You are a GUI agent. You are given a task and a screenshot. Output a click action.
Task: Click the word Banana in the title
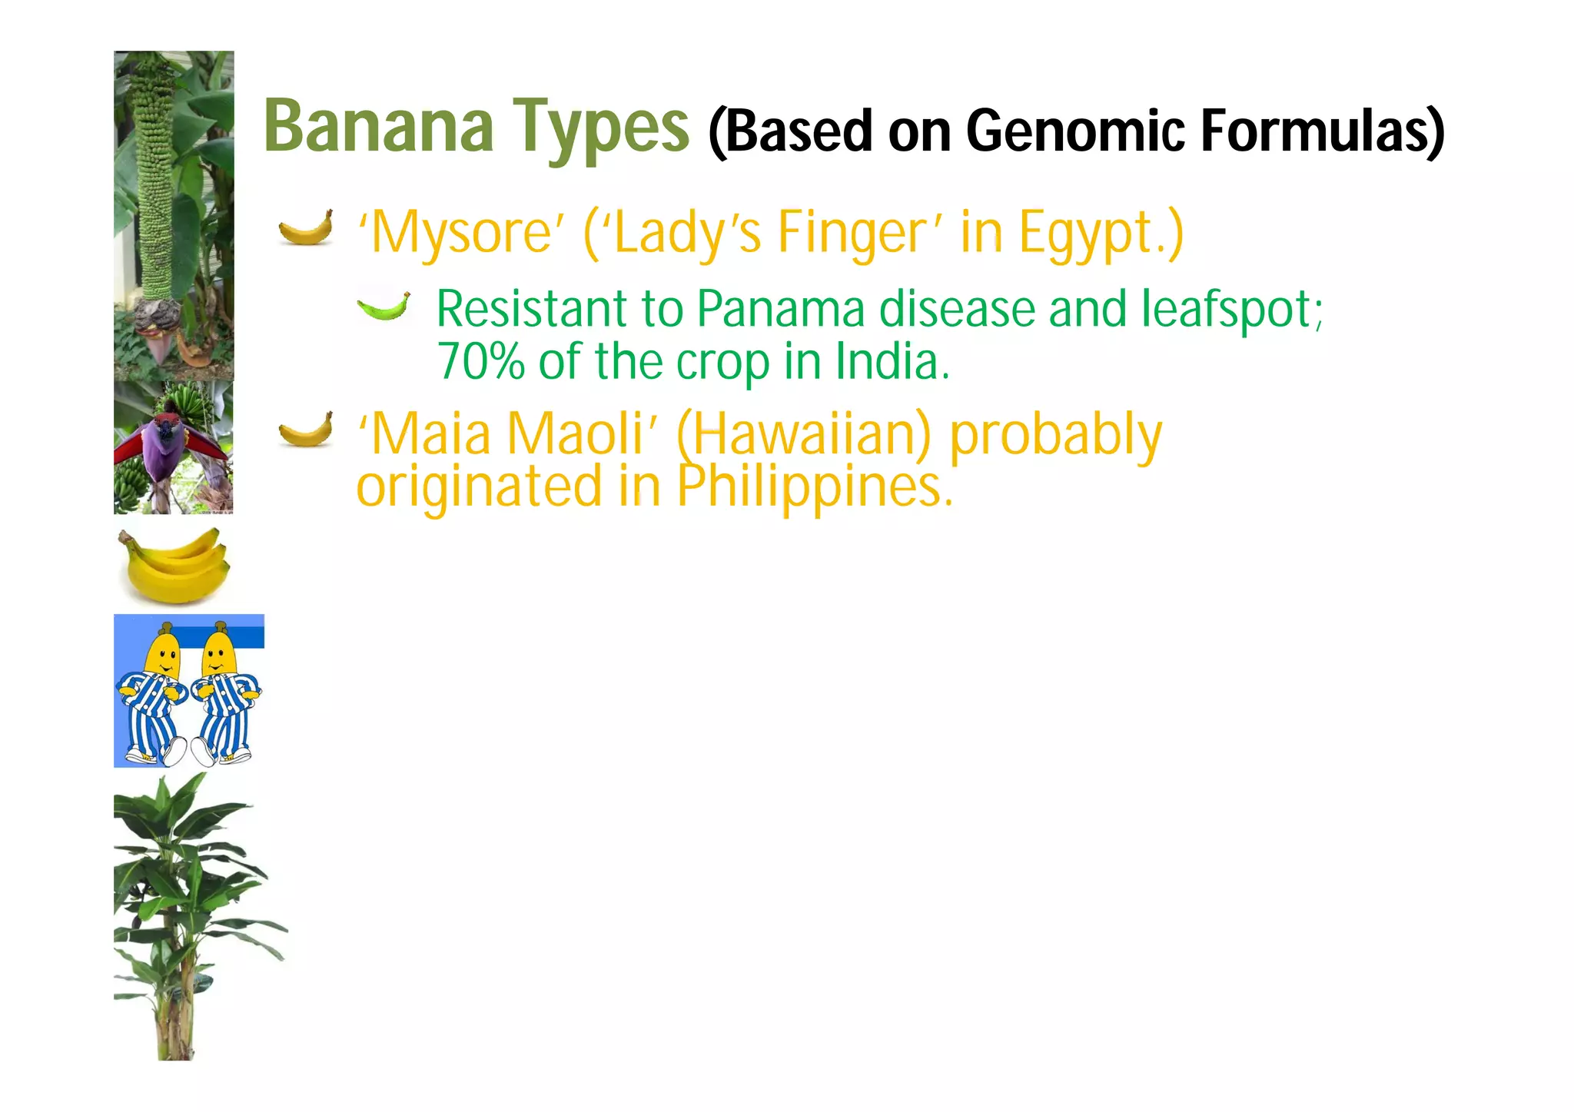(379, 126)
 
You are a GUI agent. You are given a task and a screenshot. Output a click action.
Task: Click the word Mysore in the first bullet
(461, 232)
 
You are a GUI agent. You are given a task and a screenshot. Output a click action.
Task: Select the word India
(892, 361)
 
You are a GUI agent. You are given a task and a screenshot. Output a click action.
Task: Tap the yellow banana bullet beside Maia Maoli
(306, 430)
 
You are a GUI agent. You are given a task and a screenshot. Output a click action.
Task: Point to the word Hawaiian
(803, 435)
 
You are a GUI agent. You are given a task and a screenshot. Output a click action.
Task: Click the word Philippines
(815, 487)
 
